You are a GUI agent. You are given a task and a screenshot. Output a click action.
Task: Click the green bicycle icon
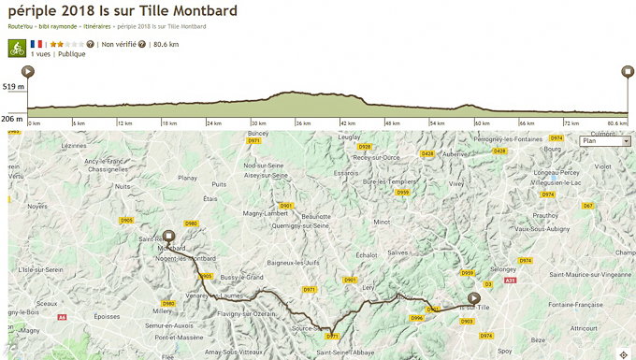coord(16,49)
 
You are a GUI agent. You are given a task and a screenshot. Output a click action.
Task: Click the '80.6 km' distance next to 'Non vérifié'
coord(166,44)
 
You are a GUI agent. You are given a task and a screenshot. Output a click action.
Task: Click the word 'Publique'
coord(72,54)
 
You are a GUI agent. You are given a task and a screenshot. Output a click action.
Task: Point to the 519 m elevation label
coord(13,87)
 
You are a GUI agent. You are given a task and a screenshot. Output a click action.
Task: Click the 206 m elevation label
coord(13,119)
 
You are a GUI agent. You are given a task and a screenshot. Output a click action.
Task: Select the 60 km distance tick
coord(482,122)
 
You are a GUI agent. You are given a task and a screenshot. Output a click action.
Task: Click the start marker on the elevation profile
coord(27,71)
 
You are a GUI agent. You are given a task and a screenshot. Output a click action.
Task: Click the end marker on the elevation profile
coord(628,71)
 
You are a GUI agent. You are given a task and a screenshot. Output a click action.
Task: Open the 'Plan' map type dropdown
coord(605,141)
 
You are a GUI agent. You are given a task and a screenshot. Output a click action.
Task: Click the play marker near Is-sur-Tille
coord(474,299)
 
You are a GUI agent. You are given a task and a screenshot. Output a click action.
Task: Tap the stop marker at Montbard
coord(168,238)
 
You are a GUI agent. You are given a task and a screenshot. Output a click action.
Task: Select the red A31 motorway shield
coord(510,280)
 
